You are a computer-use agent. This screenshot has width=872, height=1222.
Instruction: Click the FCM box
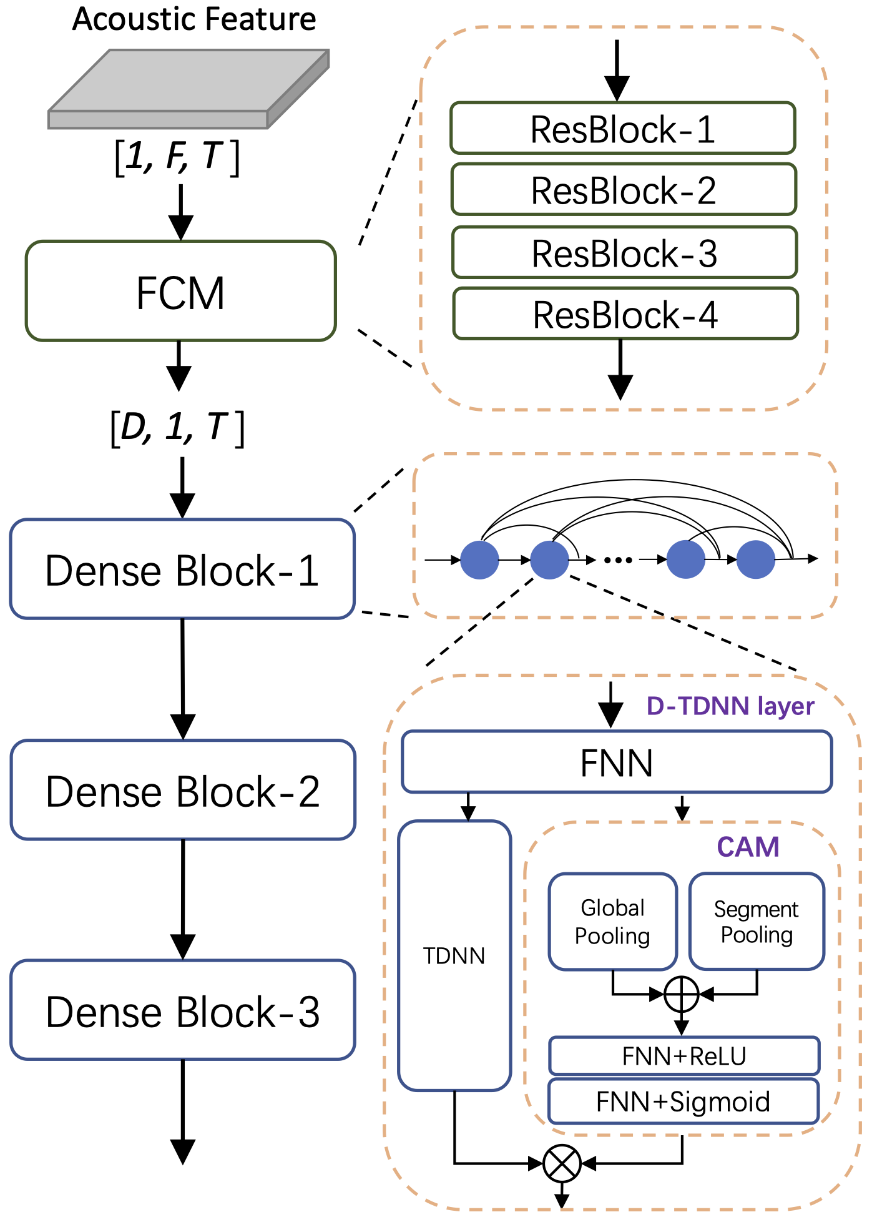[x=180, y=291]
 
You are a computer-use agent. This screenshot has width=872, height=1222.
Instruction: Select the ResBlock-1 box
[x=622, y=129]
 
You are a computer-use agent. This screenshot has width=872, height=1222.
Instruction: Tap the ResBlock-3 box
[x=624, y=252]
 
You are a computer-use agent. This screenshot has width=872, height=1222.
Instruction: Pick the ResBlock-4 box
[x=625, y=313]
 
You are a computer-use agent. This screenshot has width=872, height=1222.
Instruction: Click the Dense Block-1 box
[x=182, y=569]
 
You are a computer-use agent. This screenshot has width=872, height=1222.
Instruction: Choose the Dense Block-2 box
[x=183, y=790]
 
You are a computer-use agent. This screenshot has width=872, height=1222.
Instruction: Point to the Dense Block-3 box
[x=183, y=1010]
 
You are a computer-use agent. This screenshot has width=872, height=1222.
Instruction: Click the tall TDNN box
[x=454, y=955]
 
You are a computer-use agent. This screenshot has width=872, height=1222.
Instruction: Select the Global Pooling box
[x=612, y=921]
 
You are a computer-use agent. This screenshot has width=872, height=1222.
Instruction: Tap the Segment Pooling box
[x=757, y=921]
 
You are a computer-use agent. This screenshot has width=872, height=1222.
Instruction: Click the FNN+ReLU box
[x=684, y=1056]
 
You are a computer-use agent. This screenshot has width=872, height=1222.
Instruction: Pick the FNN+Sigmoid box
[x=683, y=1101]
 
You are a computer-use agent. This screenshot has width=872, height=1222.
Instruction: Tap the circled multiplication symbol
[x=562, y=1163]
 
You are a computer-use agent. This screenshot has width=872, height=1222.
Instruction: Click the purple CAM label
[x=748, y=847]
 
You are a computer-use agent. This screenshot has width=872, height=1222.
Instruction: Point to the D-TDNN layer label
[x=730, y=706]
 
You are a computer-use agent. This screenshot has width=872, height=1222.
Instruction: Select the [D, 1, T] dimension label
[x=177, y=428]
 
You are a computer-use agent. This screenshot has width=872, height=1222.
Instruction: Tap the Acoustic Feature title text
[x=194, y=19]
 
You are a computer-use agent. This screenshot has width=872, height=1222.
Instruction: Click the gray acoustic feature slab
[x=189, y=89]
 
